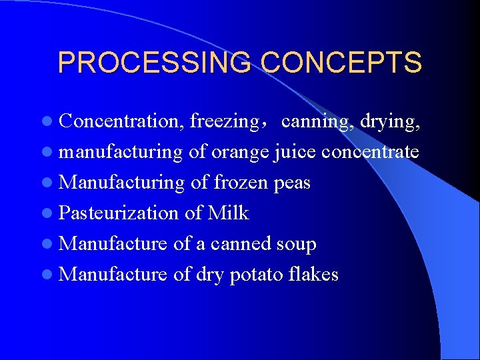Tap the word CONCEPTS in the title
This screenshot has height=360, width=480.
click(x=341, y=63)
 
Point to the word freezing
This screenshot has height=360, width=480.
click(x=224, y=122)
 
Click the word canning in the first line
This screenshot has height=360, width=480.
click(x=318, y=122)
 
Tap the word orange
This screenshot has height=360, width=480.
click(x=241, y=153)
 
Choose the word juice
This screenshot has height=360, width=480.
click(x=295, y=152)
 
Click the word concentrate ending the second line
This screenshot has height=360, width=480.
click(x=370, y=152)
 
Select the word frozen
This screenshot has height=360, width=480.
click(x=240, y=182)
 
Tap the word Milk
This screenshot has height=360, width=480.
click(x=228, y=213)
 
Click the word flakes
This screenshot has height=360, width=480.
click(x=315, y=274)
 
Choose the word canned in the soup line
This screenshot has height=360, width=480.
click(x=241, y=243)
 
